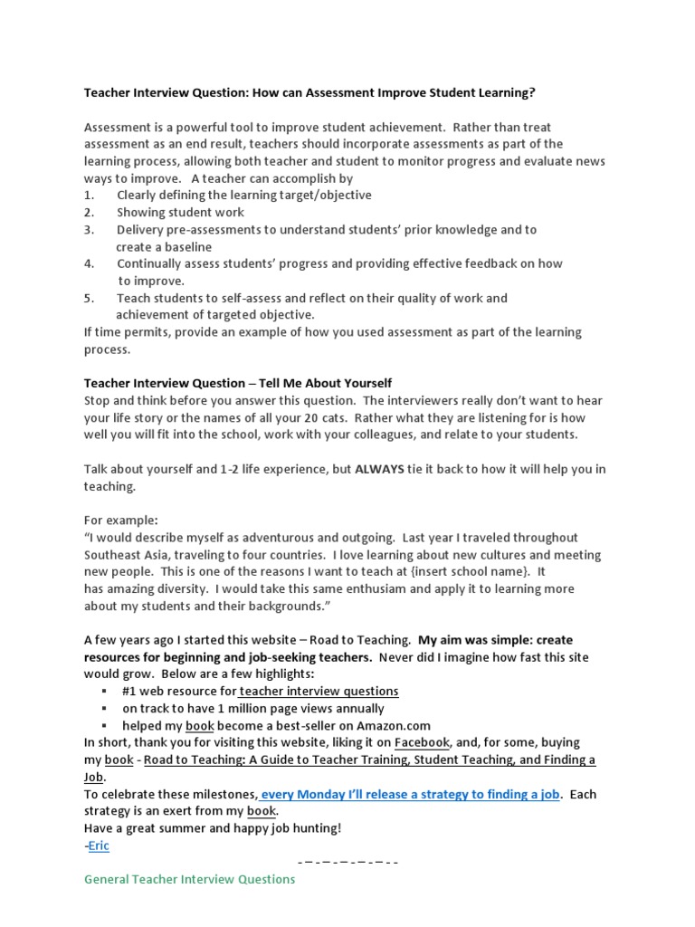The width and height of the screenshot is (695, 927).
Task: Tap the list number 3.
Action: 89,230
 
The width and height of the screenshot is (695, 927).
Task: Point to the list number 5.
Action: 89,298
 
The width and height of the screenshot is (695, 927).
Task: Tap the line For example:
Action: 121,521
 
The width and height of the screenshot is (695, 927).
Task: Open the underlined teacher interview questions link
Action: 319,691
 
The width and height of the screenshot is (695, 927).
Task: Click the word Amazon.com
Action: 389,726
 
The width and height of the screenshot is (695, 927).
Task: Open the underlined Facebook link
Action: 420,742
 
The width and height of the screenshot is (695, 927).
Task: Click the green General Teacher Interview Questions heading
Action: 190,879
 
